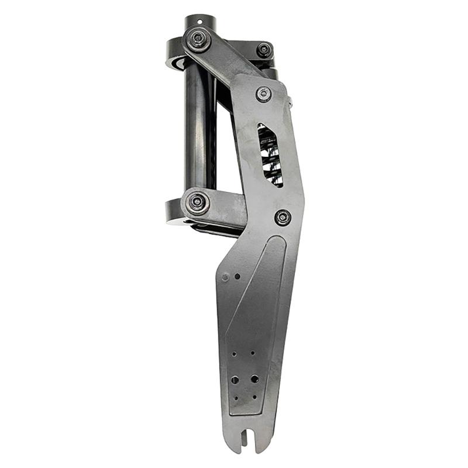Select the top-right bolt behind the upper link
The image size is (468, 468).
point(264,49)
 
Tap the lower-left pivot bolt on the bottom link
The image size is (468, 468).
point(197,202)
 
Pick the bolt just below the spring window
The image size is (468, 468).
point(283,217)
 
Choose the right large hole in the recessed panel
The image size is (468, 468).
point(254,380)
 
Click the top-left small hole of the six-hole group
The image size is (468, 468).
point(234,354)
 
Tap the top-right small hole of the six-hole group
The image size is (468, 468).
point(253,353)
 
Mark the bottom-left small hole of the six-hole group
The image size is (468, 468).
point(237,398)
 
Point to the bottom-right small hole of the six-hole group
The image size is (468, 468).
point(254,397)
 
